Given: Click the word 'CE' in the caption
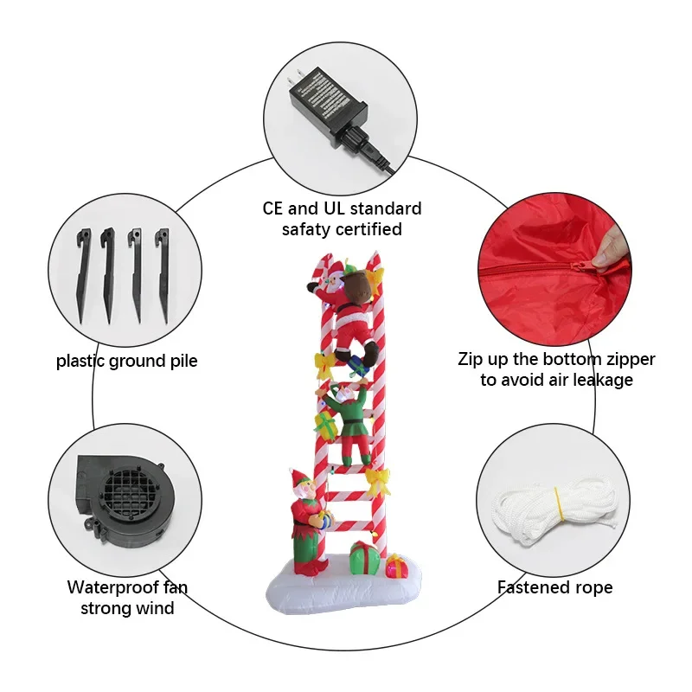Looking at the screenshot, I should [277, 209].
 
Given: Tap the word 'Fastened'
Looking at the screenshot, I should [530, 588].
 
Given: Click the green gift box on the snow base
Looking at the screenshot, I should [364, 559].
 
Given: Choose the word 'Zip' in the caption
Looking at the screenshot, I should [473, 359].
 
